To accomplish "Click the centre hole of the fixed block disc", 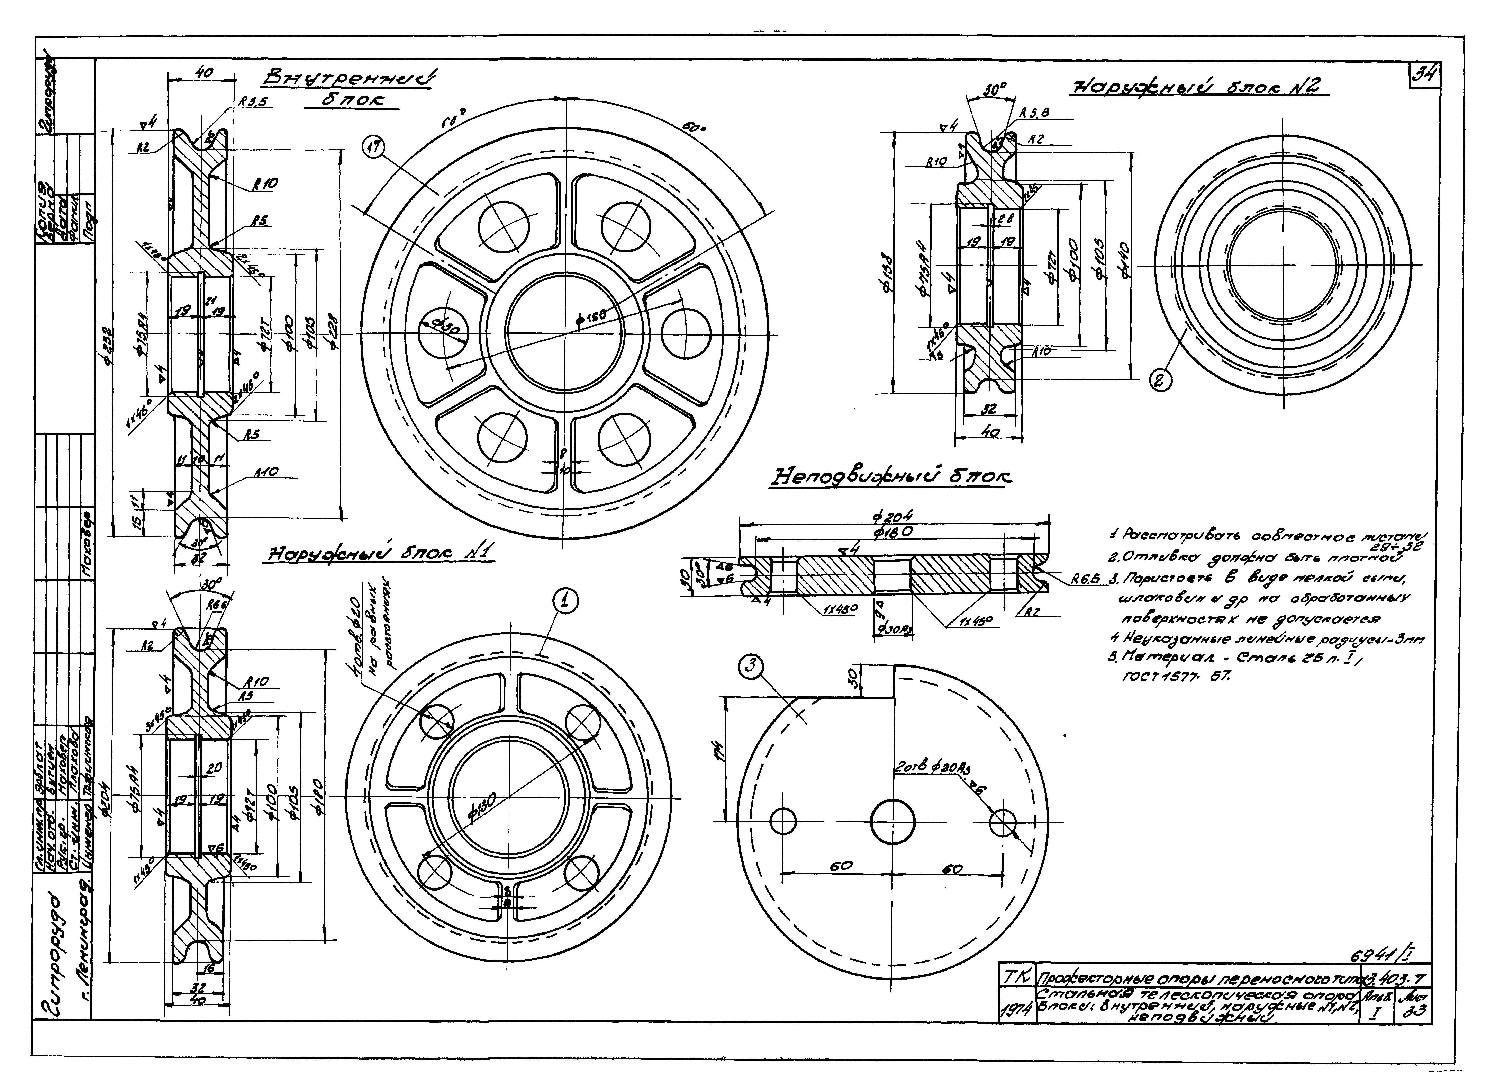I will [x=892, y=821].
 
